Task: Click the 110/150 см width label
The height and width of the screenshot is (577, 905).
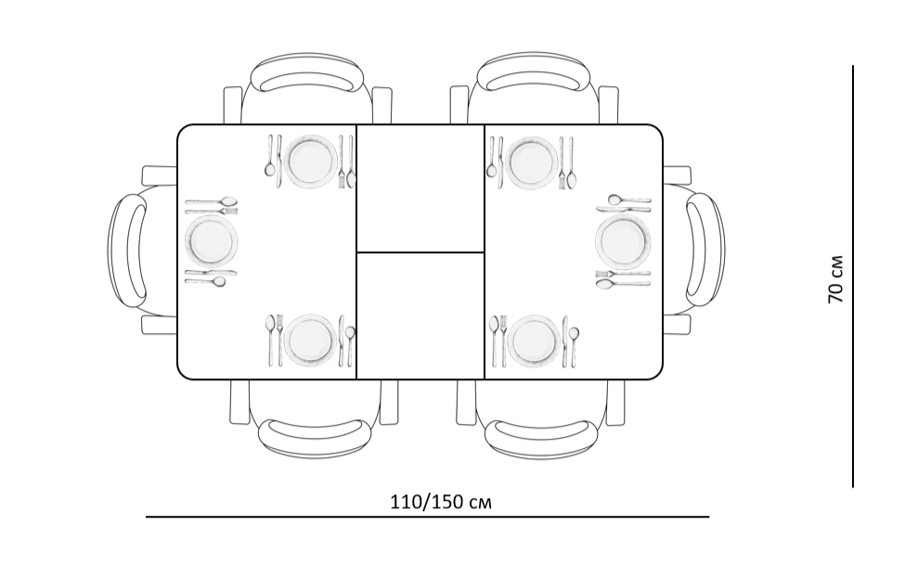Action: point(442,502)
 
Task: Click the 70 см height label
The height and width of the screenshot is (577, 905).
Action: point(835,279)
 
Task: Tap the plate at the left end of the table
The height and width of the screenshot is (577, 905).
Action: point(212,242)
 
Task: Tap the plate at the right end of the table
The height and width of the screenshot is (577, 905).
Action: point(623,240)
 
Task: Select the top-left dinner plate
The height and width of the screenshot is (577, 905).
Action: point(312,161)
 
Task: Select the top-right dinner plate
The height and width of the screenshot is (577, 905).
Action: point(532,162)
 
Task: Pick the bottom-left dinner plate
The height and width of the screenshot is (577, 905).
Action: point(311,341)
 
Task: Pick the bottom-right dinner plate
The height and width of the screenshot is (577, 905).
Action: point(534,341)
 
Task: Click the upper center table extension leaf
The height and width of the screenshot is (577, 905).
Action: point(420,188)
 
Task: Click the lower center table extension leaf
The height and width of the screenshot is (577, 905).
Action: point(420,315)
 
